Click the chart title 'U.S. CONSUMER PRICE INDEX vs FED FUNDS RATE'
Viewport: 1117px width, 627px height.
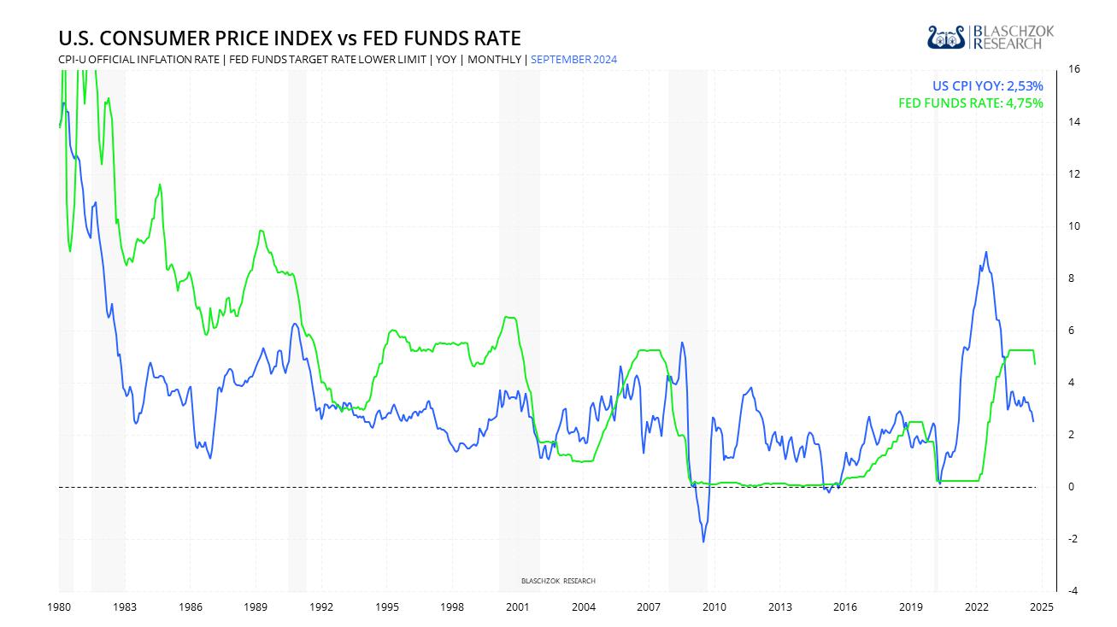289,38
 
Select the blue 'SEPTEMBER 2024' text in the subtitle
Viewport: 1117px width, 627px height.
574,60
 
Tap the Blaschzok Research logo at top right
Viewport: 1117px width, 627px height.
991,37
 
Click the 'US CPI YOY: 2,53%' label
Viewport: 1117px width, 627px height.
987,85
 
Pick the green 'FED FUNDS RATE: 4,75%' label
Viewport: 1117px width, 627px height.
971,103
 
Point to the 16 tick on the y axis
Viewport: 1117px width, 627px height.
1073,70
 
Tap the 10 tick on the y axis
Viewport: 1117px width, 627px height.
1073,226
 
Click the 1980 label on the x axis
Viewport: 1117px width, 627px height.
59,607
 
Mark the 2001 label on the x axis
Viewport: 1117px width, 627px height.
517,607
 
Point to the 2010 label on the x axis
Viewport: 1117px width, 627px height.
714,607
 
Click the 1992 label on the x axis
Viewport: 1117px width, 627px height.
320,607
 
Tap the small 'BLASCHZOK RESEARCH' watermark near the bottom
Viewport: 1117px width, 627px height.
558,581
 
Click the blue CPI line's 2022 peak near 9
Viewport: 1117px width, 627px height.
986,252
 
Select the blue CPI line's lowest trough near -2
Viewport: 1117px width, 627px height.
703,542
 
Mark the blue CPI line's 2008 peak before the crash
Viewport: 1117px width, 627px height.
681,343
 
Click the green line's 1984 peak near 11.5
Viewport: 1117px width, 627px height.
160,185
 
